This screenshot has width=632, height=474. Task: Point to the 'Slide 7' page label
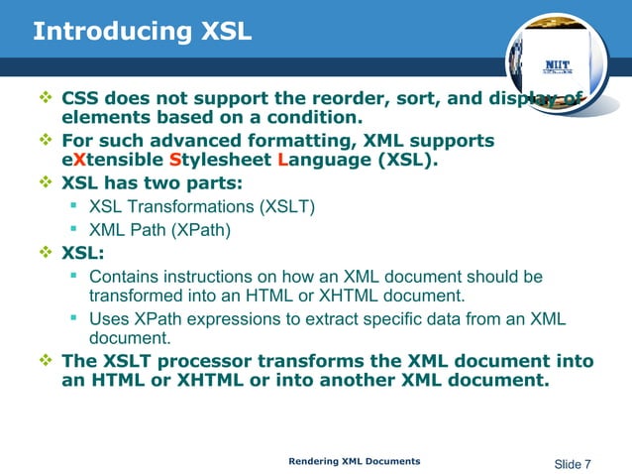pyautogui.click(x=572, y=464)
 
